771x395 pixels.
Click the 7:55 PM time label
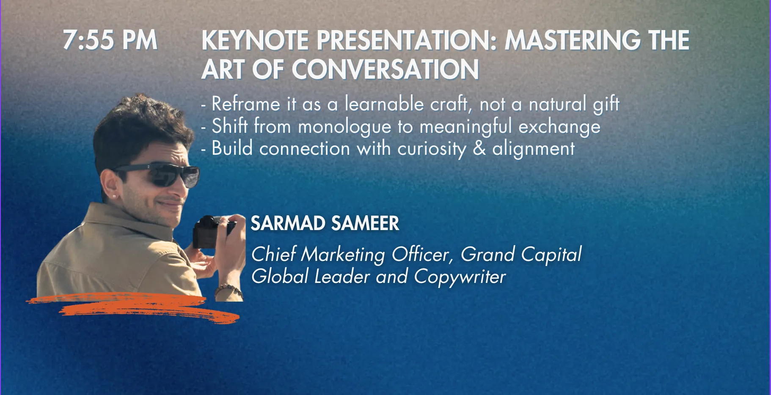[x=110, y=40]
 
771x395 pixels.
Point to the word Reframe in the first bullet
[x=246, y=104]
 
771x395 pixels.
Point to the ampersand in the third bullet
[x=479, y=148]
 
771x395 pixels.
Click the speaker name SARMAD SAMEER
[x=325, y=223]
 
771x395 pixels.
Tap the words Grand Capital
[x=521, y=255]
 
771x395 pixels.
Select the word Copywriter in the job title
[x=460, y=277]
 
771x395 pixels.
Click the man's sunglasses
[x=161, y=175]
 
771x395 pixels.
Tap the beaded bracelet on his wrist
[x=229, y=291]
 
